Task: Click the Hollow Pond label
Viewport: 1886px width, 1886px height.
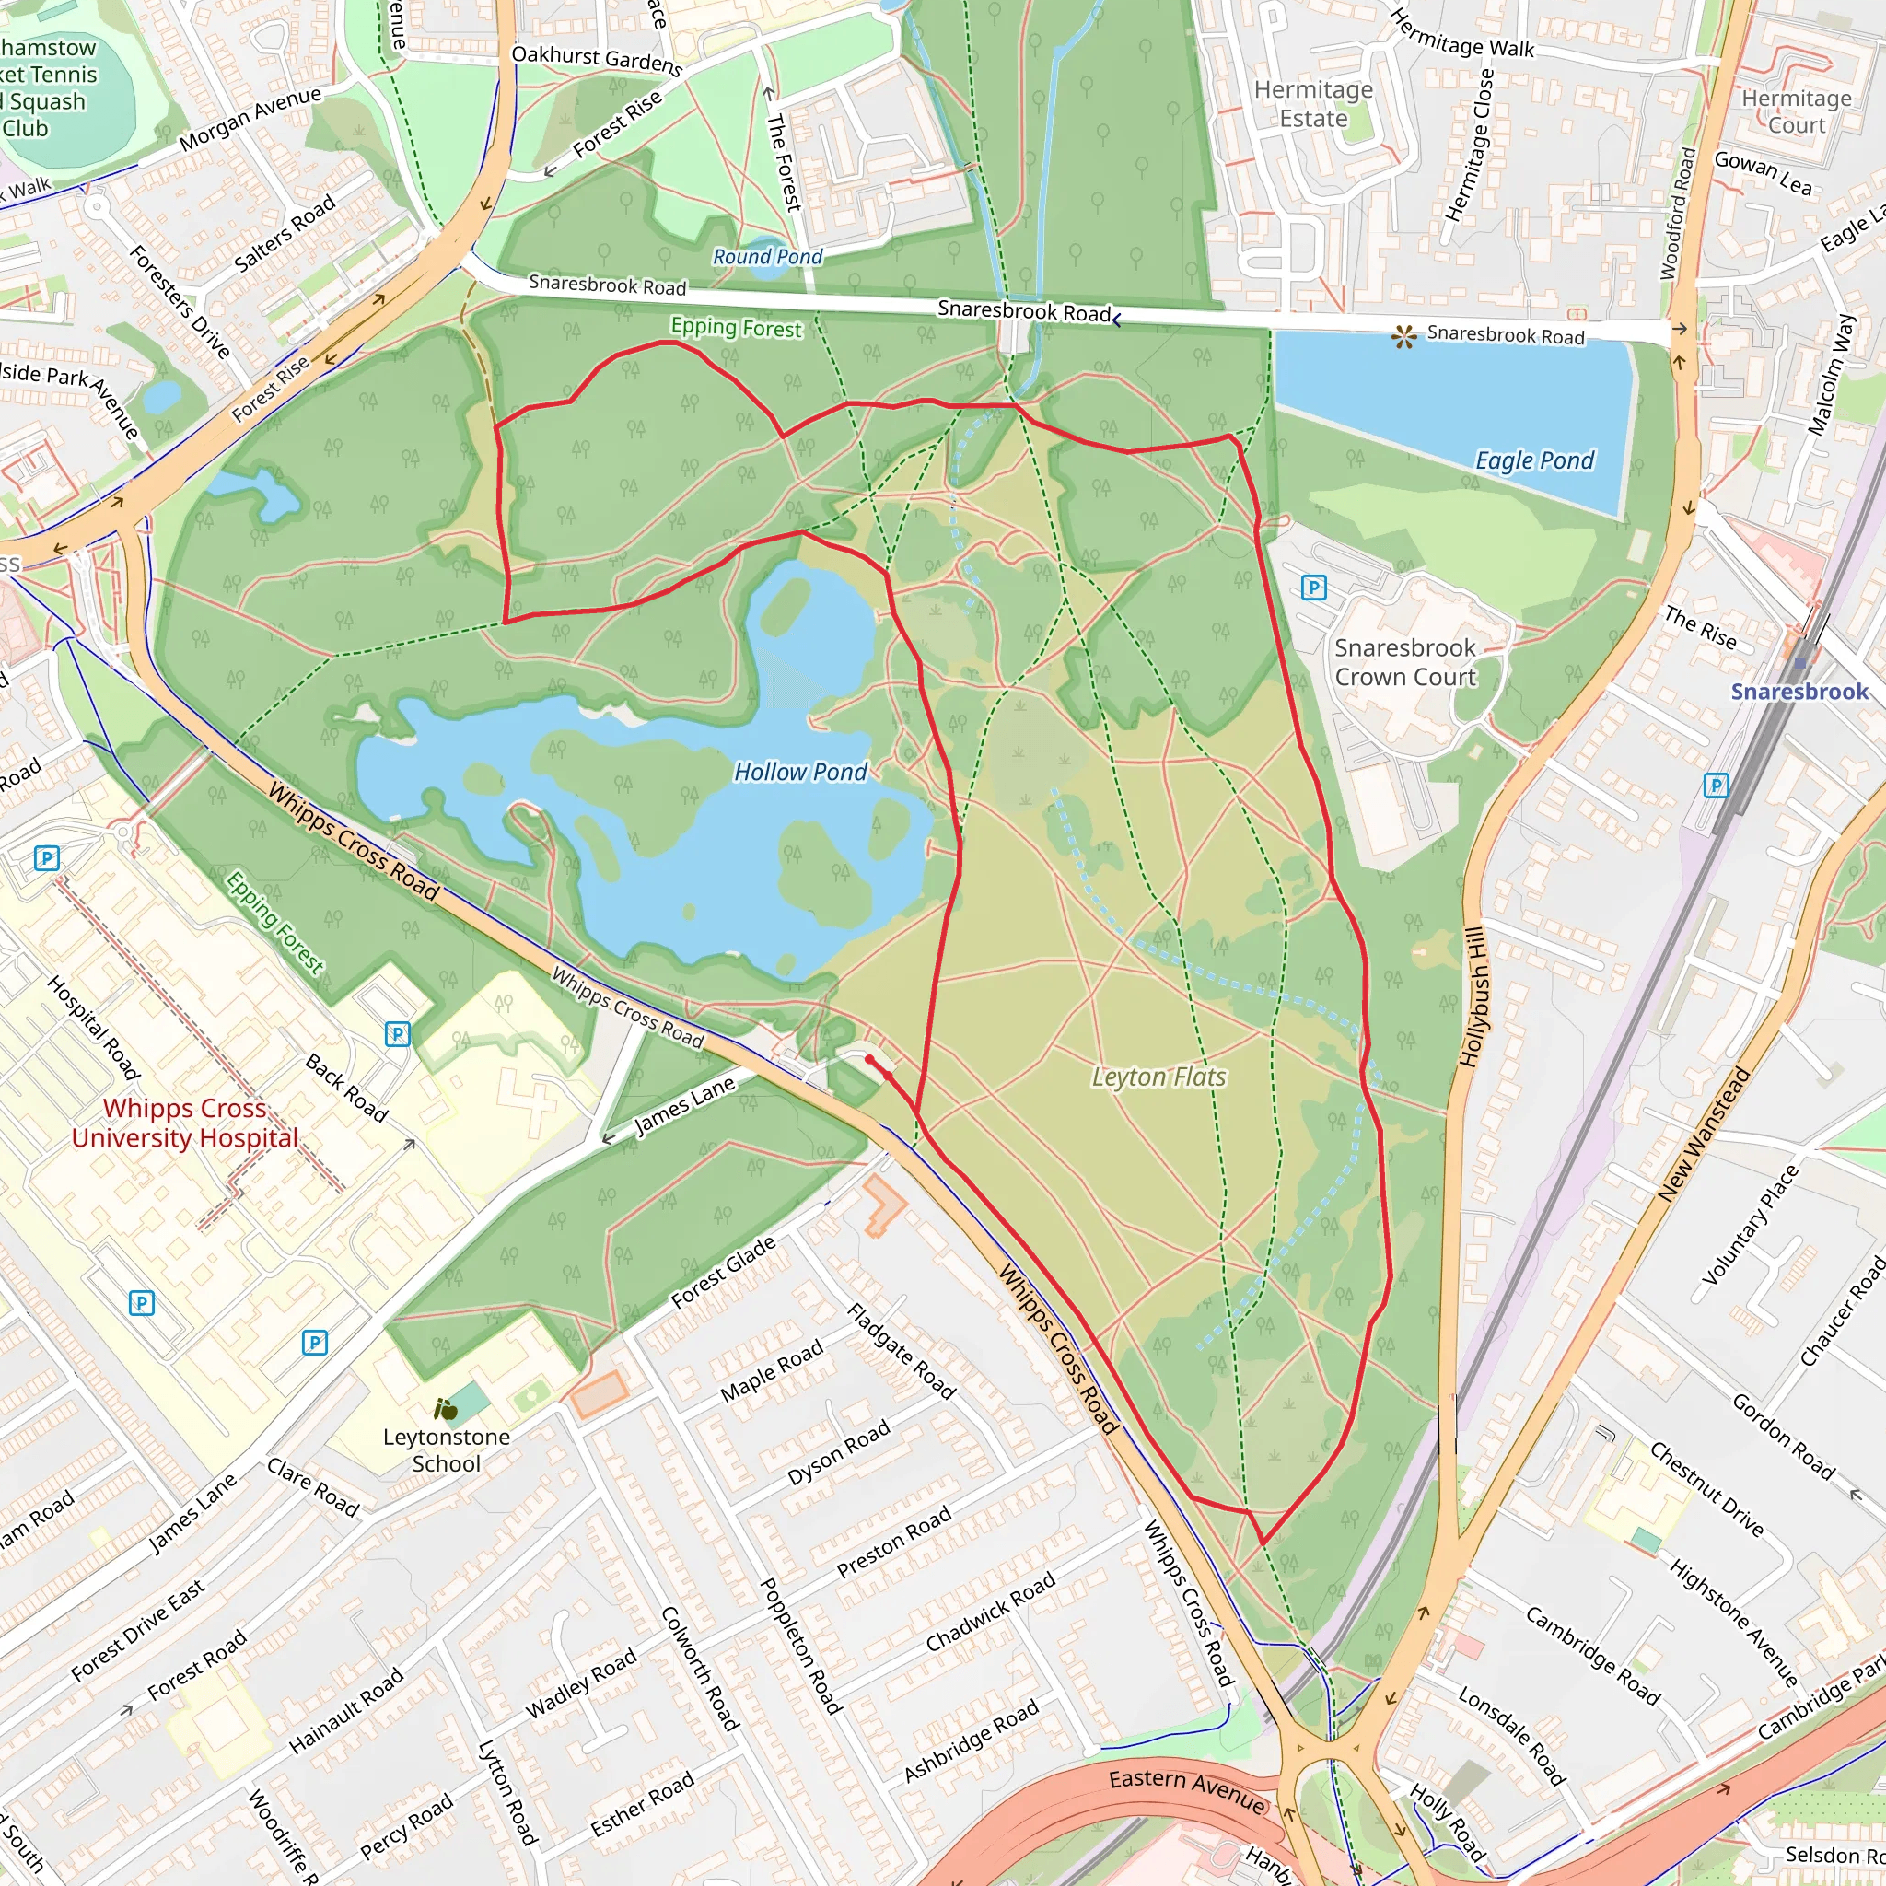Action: [799, 772]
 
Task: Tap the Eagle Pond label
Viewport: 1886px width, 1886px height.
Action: [1533, 460]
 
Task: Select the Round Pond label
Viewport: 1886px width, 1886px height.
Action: [767, 257]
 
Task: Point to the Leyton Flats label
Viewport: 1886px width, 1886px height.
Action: [1158, 1077]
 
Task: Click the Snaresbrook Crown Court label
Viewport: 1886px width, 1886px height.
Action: [1404, 663]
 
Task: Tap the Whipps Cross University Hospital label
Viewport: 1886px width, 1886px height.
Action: [184, 1123]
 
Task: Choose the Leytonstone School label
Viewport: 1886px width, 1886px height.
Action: [446, 1450]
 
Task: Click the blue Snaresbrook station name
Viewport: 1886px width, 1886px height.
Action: [1799, 692]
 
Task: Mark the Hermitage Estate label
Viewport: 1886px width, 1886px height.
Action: [1313, 103]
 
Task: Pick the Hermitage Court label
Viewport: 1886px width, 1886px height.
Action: [1796, 111]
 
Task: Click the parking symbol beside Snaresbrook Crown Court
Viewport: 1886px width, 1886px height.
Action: [1314, 587]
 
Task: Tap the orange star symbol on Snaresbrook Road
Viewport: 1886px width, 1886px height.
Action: [1403, 338]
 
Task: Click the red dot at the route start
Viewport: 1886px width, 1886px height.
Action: [868, 1059]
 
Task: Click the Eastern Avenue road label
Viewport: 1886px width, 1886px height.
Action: [1187, 1792]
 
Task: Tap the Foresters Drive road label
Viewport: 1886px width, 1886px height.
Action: [180, 302]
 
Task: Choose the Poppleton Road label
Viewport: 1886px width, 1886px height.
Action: [800, 1646]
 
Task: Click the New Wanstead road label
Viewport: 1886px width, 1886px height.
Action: [1704, 1134]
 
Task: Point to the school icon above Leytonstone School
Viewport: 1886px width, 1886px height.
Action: [446, 1409]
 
